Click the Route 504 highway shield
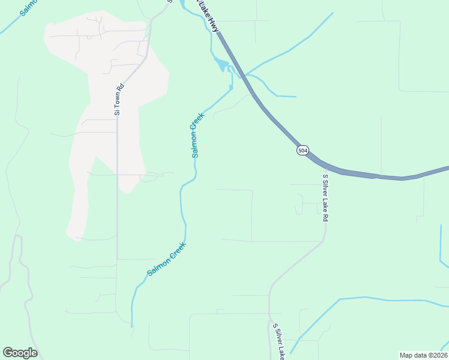tap(303, 150)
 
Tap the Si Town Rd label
tap(118, 99)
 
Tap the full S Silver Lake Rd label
tap(325, 198)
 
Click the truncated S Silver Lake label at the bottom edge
tap(278, 342)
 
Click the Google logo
tap(20, 353)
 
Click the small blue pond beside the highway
tap(221, 64)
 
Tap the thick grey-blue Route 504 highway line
tap(360, 173)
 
